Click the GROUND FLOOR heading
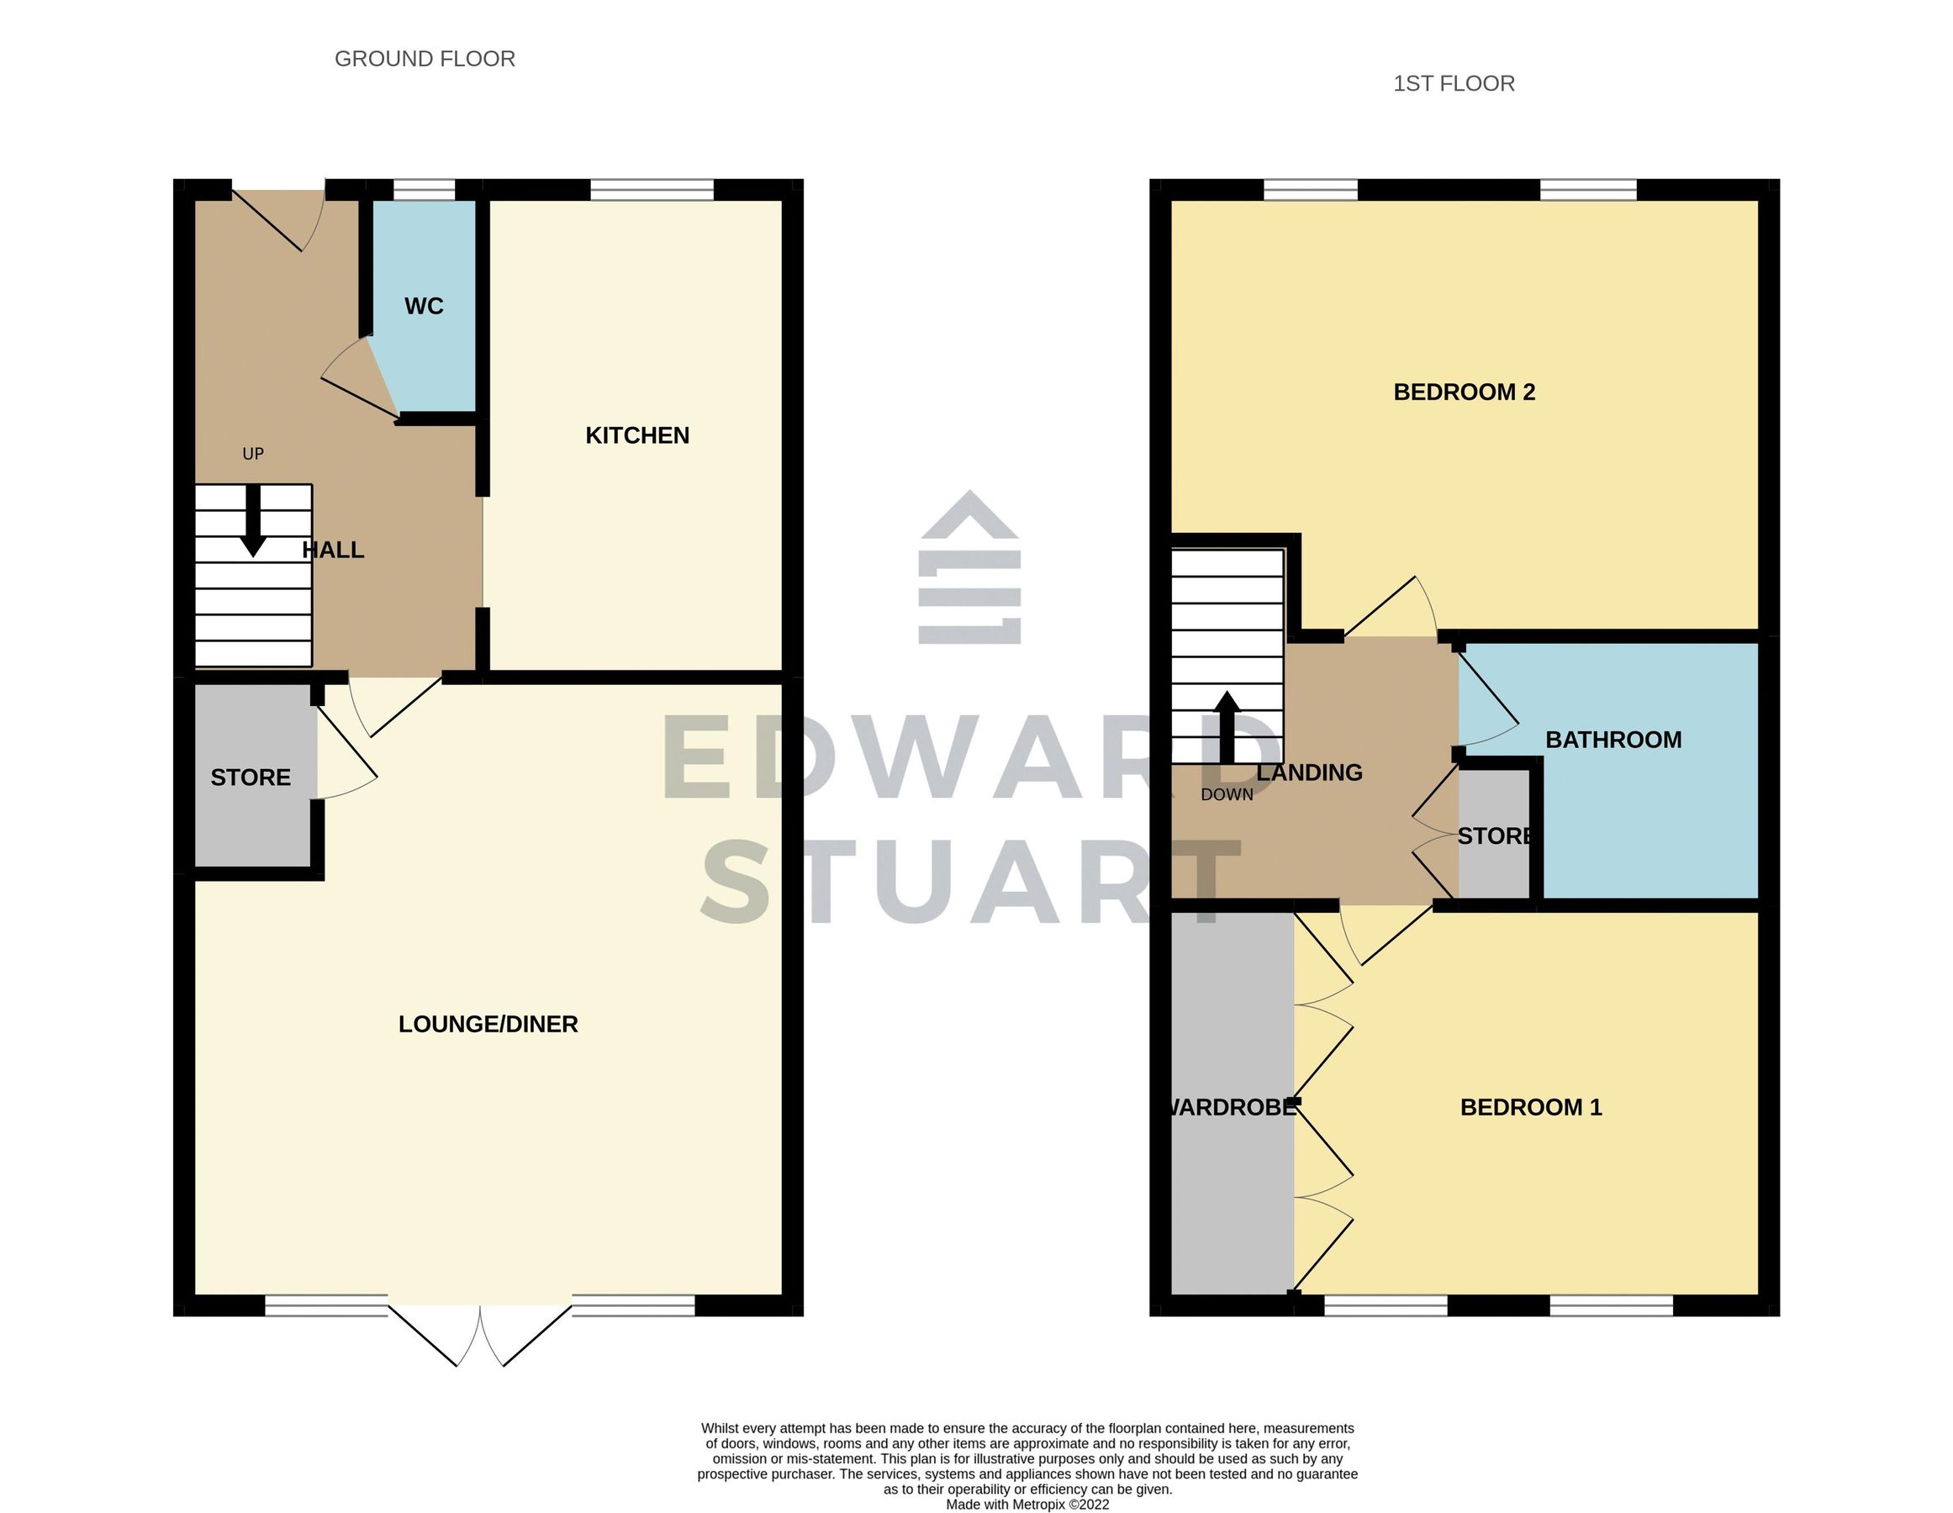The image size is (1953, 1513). (x=425, y=59)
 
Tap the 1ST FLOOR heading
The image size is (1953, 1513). (x=1453, y=83)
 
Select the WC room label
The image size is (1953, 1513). (x=423, y=306)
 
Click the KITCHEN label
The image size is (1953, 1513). (x=636, y=435)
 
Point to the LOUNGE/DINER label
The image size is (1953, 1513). (x=488, y=1024)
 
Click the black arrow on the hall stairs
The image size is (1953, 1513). (x=253, y=521)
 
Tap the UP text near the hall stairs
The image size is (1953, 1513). (x=253, y=454)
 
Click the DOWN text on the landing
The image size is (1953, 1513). (x=1226, y=795)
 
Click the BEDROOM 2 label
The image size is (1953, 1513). (x=1464, y=392)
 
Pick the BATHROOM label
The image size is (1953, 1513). (x=1613, y=740)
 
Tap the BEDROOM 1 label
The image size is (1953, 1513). (x=1530, y=1107)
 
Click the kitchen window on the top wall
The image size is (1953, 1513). (x=651, y=190)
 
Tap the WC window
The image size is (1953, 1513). (x=424, y=190)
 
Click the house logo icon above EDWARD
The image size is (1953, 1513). (x=969, y=568)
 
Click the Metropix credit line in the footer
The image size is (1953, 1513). (x=1027, y=1504)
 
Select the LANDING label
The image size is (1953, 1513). (x=1309, y=772)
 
